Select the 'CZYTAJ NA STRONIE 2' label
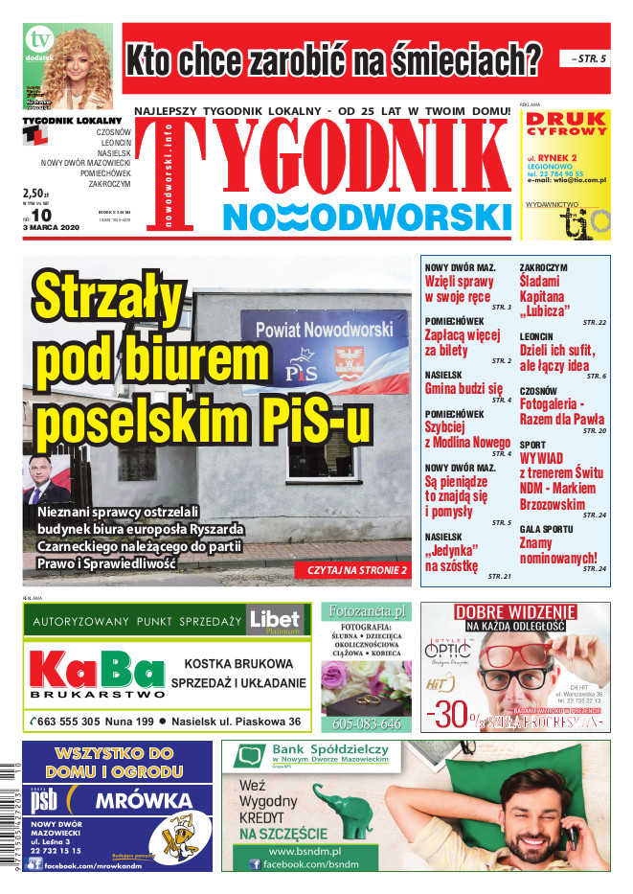356,570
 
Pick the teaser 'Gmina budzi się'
463,389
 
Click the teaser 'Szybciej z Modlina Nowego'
466,434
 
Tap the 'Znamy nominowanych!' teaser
557,550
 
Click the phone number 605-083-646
366,724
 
